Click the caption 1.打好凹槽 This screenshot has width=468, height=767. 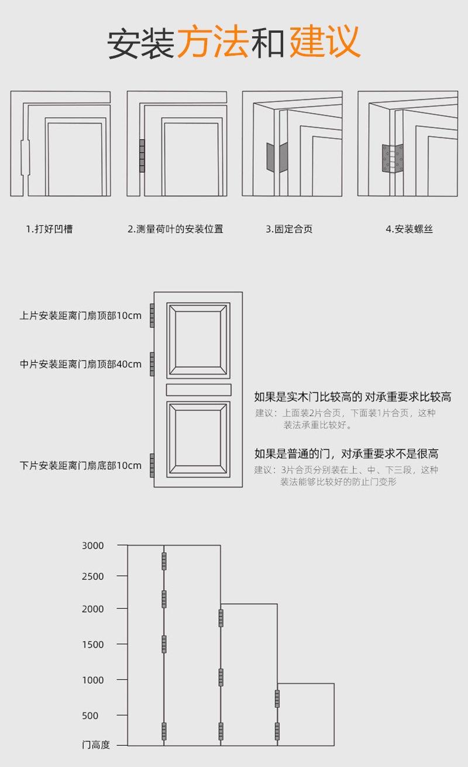tap(49, 229)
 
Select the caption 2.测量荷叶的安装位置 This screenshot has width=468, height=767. tap(175, 229)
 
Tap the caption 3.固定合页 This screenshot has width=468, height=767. tap(289, 229)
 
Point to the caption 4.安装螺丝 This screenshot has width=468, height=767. tap(409, 229)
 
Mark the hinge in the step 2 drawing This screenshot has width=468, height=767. tap(142, 156)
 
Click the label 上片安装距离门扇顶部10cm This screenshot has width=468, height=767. tap(81, 316)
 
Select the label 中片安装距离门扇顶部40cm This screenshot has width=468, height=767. tap(81, 364)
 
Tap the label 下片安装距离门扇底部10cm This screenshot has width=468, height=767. tap(81, 465)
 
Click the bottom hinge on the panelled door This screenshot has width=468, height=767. tap(152, 464)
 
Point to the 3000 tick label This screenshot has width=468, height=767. tap(92, 546)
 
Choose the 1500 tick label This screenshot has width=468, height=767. tap(92, 644)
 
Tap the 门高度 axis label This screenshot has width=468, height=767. tap(95, 745)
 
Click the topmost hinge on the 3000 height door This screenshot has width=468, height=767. tap(164, 560)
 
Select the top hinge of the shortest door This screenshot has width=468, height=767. tap(277, 698)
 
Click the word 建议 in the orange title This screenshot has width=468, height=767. tap(325, 41)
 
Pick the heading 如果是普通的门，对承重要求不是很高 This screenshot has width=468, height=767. tap(346, 454)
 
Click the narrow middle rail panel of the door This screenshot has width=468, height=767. tap(198, 389)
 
